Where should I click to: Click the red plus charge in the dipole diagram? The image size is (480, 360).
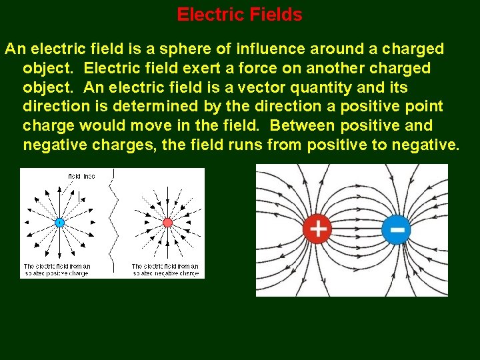point(318,229)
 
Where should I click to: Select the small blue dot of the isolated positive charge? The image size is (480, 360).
point(59,222)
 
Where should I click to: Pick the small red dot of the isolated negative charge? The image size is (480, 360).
point(167,222)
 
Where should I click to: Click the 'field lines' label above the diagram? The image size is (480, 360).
point(82,175)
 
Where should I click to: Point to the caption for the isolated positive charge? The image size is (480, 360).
point(57,269)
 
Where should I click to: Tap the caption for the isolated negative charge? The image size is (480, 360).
point(165,269)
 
